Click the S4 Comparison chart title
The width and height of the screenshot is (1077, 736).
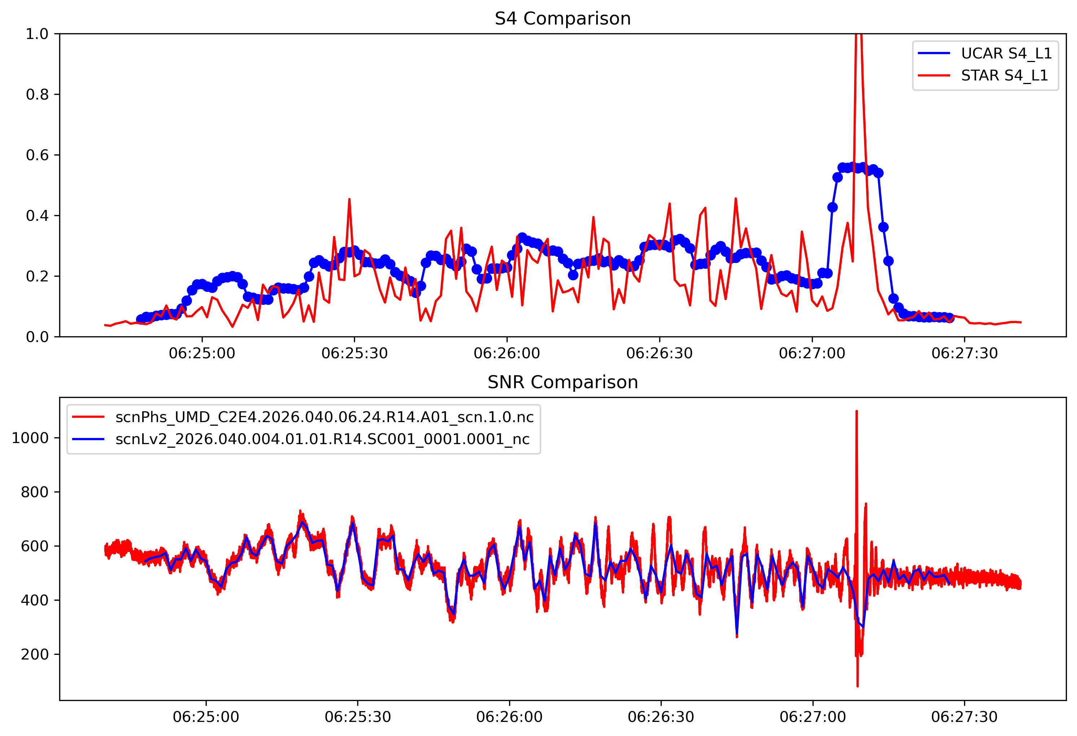(562, 18)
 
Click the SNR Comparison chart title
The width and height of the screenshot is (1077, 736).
(562, 382)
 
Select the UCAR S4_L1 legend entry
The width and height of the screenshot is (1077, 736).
(1006, 53)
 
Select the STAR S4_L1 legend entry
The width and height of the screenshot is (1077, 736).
(1004, 75)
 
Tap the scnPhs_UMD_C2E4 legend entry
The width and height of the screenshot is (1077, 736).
(324, 417)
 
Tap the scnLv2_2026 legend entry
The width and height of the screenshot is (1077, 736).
(322, 439)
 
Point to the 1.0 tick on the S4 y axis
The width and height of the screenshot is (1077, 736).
(37, 34)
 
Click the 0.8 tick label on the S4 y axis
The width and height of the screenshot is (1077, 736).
(37, 95)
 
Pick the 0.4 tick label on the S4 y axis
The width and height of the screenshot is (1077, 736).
(37, 215)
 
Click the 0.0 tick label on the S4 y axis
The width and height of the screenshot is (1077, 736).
(37, 337)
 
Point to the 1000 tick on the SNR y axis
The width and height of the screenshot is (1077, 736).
(30, 438)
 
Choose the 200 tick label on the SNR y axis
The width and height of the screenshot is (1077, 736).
(35, 654)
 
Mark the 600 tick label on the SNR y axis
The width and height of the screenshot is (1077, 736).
(35, 546)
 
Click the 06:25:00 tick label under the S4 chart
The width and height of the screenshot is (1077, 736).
(202, 354)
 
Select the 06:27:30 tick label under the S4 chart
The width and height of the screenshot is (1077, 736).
(964, 354)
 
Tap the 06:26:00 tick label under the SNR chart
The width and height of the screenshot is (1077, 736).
(509, 717)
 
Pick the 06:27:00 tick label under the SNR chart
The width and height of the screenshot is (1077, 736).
(813, 717)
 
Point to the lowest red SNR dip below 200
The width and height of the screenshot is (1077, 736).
(857, 685)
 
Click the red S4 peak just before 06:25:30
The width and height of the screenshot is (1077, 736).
(349, 200)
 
